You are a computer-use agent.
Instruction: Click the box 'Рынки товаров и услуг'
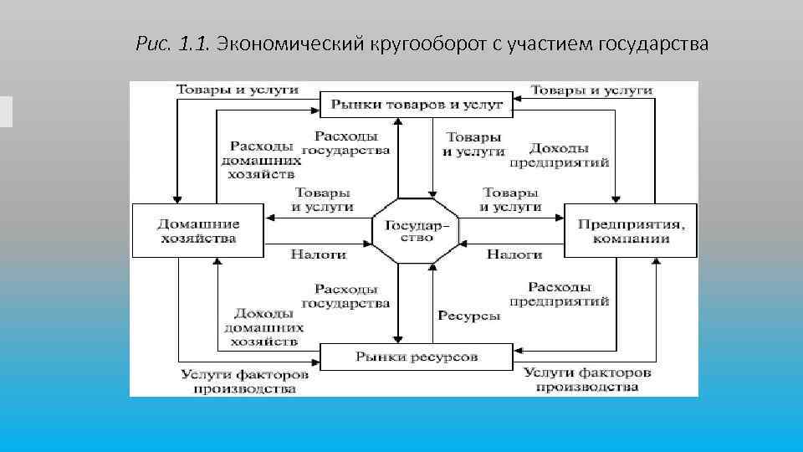[x=417, y=105]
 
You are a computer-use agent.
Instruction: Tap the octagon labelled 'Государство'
[x=415, y=231]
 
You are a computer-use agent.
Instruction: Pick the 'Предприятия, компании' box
[x=631, y=230]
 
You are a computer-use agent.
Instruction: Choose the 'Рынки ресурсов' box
[x=416, y=357]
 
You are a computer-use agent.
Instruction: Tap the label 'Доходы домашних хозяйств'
[x=260, y=327]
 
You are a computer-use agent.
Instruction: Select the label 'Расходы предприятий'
[x=559, y=294]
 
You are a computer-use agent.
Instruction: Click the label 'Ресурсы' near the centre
[x=468, y=316]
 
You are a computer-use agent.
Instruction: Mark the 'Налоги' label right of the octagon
[x=514, y=254]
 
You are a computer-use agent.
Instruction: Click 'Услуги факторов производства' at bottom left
[x=244, y=381]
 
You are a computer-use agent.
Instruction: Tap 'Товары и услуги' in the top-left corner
[x=237, y=90]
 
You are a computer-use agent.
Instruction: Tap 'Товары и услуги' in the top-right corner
[x=591, y=90]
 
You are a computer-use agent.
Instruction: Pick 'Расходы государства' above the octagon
[x=346, y=143]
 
